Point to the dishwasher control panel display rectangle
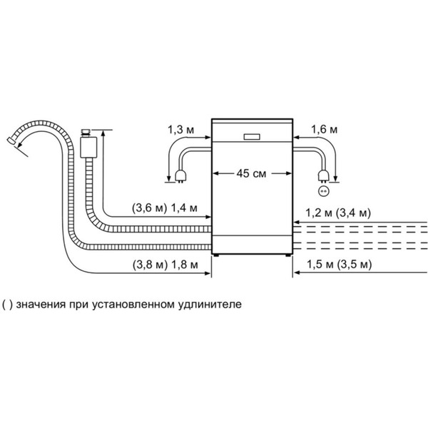point(253,136)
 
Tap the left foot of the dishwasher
point(215,254)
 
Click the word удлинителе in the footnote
point(214,304)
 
